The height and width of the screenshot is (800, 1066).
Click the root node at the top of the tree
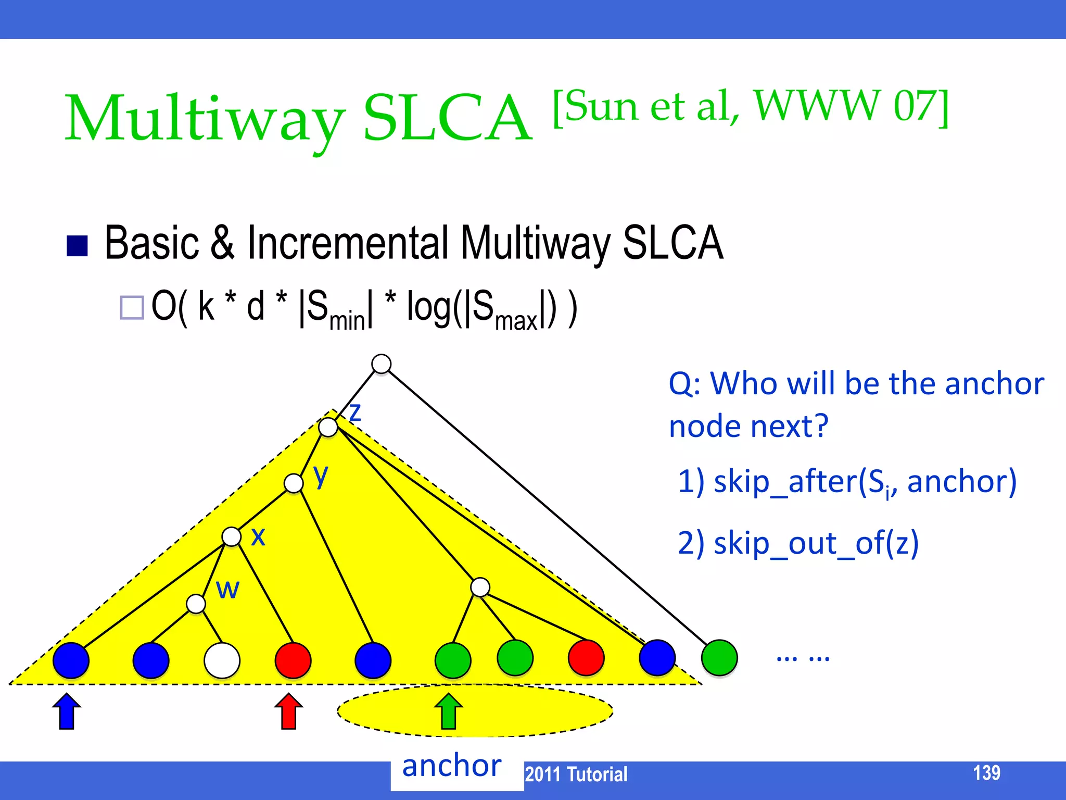(382, 364)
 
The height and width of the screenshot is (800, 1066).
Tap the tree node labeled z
(328, 427)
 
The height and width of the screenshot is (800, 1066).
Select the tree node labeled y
(294, 483)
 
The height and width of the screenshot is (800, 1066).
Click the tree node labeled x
(231, 536)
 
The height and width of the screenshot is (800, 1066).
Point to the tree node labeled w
(196, 604)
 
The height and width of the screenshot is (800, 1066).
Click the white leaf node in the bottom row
(222, 660)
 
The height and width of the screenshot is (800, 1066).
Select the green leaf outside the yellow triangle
(719, 658)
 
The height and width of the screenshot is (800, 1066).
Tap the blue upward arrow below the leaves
(67, 711)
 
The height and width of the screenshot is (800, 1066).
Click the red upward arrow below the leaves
(288, 711)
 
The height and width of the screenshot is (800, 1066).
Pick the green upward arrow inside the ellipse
(448, 711)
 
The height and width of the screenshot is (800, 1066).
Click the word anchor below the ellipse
(452, 766)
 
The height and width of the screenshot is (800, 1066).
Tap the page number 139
(986, 772)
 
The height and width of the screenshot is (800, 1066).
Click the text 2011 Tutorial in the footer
(576, 774)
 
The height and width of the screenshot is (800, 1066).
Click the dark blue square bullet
(77, 246)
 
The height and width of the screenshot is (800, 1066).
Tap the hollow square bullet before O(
(132, 307)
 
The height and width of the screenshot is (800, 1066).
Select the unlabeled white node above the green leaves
(480, 587)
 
